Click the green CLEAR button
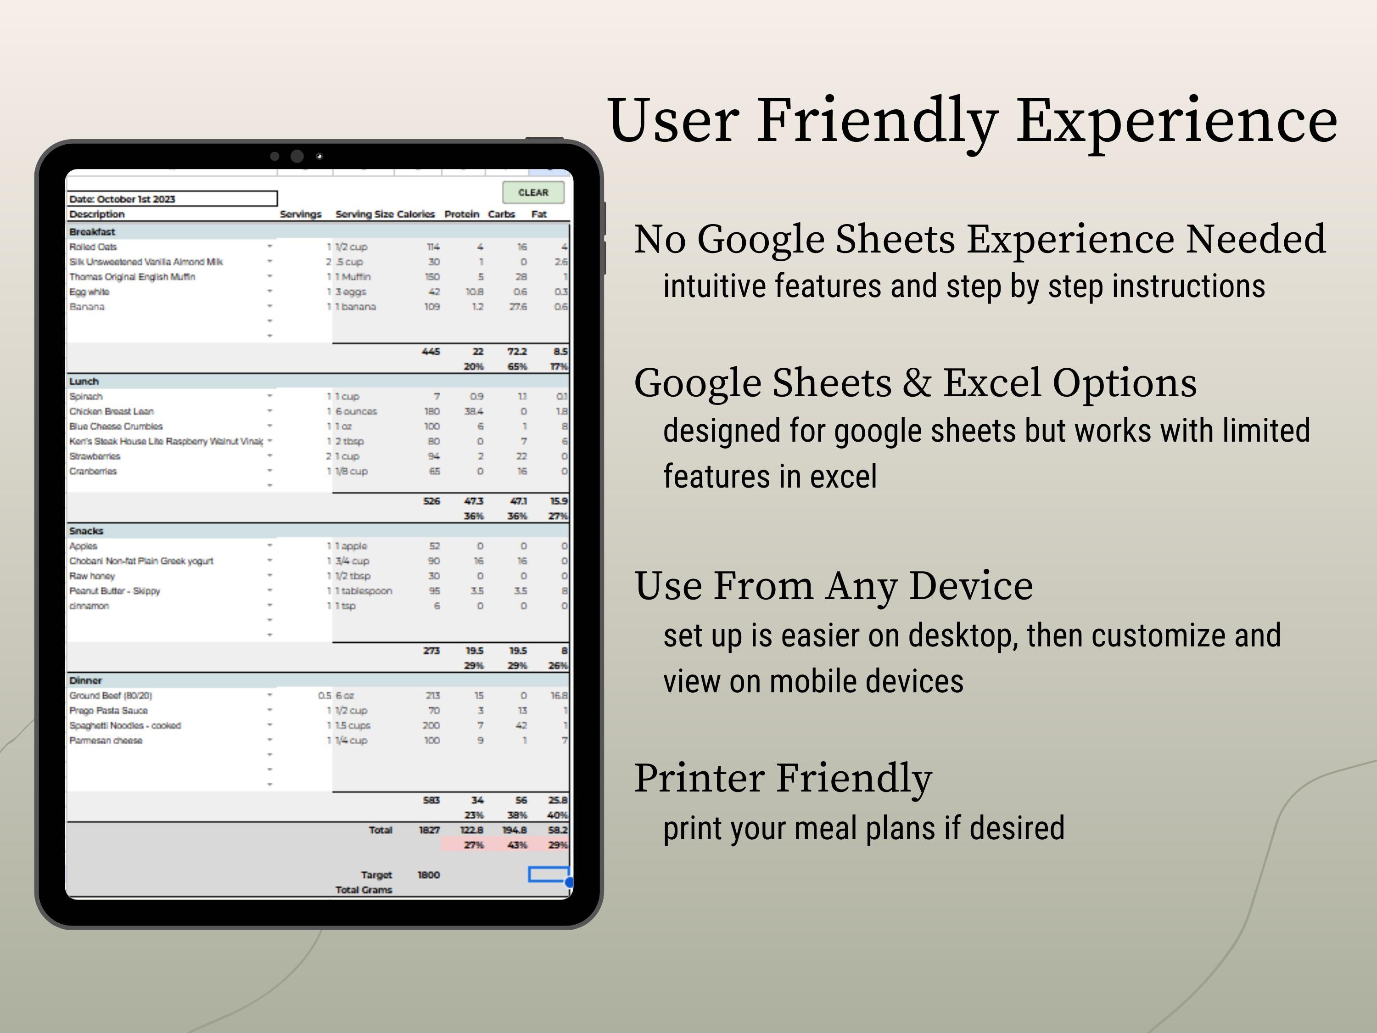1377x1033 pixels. [x=533, y=192]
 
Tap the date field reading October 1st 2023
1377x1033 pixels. [x=171, y=199]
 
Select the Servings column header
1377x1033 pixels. [x=300, y=214]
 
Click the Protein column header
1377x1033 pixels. [x=461, y=214]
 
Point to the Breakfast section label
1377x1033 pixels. [x=92, y=232]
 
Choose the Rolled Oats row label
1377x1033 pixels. [x=93, y=247]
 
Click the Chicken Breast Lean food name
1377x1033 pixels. [x=112, y=411]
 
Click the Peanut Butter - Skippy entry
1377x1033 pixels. [x=115, y=591]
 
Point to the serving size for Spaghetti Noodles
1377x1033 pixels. [x=353, y=725]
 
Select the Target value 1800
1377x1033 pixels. [x=428, y=875]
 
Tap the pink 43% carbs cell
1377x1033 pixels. [x=517, y=845]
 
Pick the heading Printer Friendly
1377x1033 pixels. [x=783, y=778]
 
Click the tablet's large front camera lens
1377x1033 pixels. [x=297, y=156]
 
